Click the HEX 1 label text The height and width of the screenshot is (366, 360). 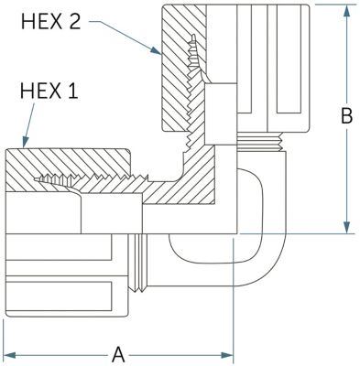point(49,91)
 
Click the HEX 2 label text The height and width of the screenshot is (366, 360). point(51,22)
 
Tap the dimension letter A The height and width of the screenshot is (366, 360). point(118,355)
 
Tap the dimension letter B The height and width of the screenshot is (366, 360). point(346,116)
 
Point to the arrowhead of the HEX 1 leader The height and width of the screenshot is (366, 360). point(26,142)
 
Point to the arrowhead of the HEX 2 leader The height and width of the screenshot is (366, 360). point(156,50)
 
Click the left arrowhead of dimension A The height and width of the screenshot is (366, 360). point(9,355)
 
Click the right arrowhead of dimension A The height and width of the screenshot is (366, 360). point(227,355)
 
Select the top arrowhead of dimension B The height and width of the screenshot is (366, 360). point(346,11)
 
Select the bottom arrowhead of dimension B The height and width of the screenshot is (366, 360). point(346,228)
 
